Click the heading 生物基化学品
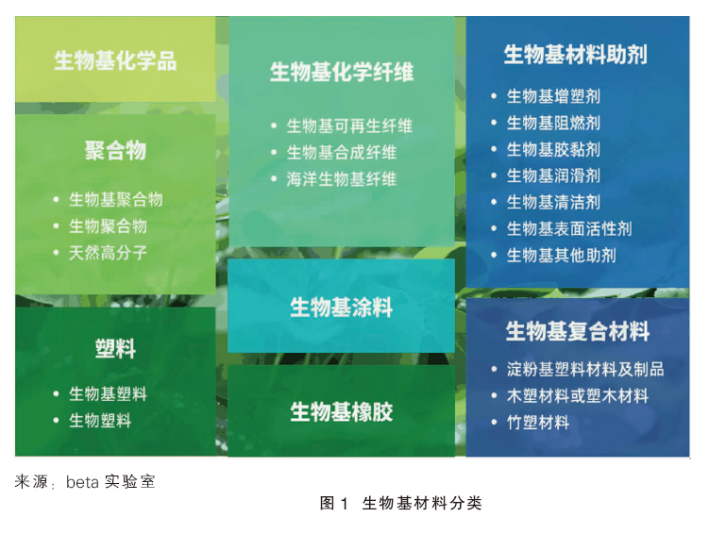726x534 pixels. click(115, 60)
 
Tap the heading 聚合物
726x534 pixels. click(115, 150)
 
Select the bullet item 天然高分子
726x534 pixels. click(108, 253)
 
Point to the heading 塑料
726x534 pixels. click(115, 348)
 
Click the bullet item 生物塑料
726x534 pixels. click(100, 421)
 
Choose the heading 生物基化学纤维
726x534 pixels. click(342, 73)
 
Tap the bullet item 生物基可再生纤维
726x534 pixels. click(349, 125)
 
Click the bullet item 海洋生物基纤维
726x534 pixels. click(342, 179)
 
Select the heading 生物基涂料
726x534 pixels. click(341, 308)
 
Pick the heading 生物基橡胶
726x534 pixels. click(341, 411)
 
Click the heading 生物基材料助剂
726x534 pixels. click(576, 55)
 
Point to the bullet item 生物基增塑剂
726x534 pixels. click(554, 96)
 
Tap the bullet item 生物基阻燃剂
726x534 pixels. click(554, 123)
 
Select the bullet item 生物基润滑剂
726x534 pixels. click(554, 175)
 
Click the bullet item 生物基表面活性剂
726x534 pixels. click(569, 228)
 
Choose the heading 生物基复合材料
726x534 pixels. click(578, 331)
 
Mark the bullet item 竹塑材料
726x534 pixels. click(538, 423)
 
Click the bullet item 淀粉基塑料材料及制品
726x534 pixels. click(585, 369)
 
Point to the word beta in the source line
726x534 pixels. click(82, 482)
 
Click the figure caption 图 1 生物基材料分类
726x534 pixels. click(401, 503)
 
